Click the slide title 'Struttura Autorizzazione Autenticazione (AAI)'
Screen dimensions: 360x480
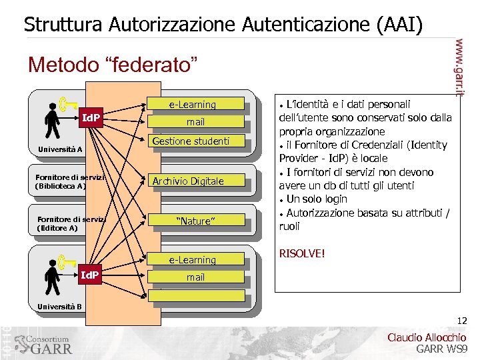(223, 25)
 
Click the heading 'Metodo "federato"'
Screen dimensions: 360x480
(113, 65)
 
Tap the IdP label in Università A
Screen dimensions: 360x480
(91, 118)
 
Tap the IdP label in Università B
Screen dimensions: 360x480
(90, 275)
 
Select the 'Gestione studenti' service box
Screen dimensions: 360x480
(191, 141)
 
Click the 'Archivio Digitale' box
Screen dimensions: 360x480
(189, 181)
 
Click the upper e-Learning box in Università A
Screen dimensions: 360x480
(192, 105)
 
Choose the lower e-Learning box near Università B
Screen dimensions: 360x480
(192, 260)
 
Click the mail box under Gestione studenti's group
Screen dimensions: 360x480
(195, 122)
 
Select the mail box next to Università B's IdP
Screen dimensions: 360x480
(195, 277)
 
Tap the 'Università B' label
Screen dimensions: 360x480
(59, 307)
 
